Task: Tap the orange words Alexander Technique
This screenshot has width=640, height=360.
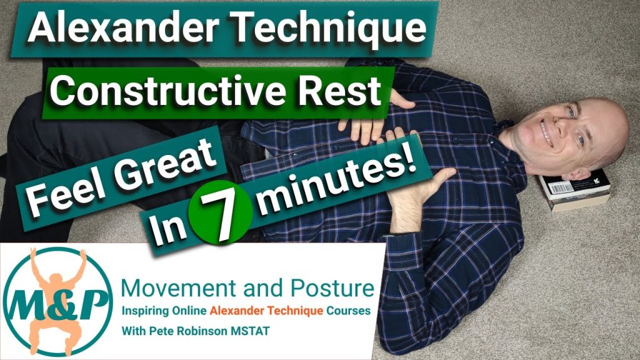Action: (266, 311)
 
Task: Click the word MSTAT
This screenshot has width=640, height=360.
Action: (250, 331)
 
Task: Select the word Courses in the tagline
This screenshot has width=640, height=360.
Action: (347, 311)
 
